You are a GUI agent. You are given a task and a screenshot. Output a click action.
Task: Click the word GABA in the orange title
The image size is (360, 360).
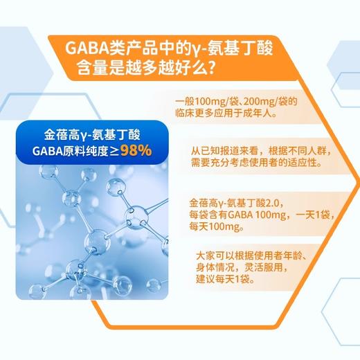pyautogui.click(x=77, y=49)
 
